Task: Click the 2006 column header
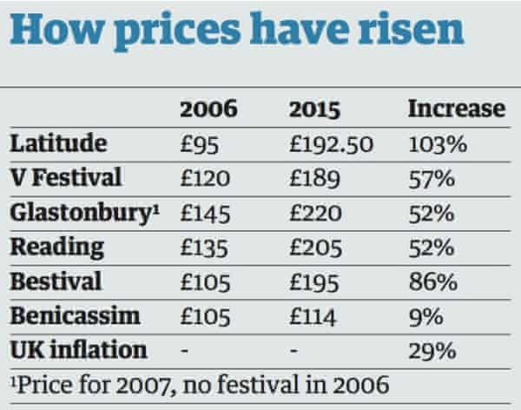[x=208, y=109]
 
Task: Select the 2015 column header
[x=316, y=109]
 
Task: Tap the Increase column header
[x=456, y=109]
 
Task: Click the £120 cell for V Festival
[x=206, y=178]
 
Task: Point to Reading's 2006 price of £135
[x=206, y=247]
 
